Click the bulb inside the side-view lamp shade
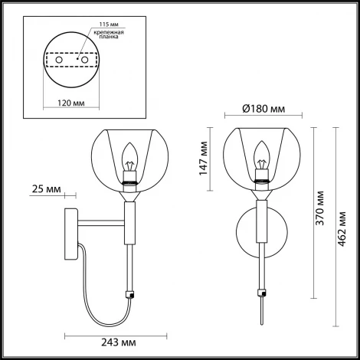(x=129, y=159)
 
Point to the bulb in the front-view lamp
(x=263, y=159)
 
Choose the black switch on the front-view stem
(x=263, y=292)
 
